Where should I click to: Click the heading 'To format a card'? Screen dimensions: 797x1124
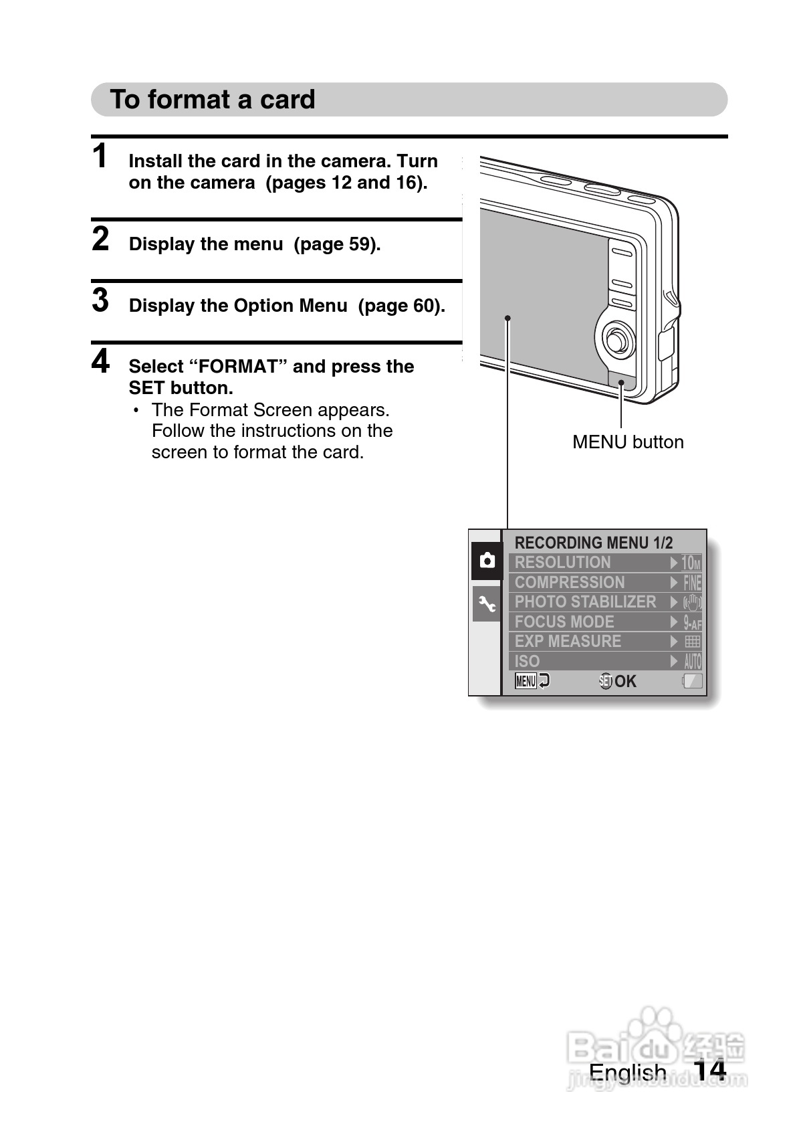[213, 99]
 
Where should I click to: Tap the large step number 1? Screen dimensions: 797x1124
[100, 155]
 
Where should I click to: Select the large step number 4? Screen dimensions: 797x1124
[100, 361]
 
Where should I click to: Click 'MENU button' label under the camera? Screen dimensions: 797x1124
[628, 442]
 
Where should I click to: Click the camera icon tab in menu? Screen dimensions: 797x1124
[487, 561]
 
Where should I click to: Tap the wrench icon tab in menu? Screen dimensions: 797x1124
[487, 603]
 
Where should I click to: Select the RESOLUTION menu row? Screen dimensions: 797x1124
[605, 563]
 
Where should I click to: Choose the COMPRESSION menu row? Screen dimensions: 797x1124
[605, 583]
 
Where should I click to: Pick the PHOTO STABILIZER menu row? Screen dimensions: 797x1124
[605, 602]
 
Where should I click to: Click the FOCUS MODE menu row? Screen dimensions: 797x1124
[605, 622]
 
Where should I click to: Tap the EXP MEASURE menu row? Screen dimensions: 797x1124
[605, 642]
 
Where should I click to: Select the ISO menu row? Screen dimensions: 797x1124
[605, 661]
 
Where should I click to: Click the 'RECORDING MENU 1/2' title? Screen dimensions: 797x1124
[593, 543]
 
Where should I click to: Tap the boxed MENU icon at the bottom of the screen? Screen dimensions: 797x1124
[526, 681]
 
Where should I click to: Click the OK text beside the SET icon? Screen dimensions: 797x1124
[625, 681]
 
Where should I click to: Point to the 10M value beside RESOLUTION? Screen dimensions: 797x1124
[691, 563]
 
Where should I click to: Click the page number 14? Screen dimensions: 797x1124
[709, 1070]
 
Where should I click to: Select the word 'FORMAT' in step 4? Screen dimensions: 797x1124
[238, 367]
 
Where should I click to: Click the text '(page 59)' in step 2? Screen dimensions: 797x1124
[337, 244]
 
